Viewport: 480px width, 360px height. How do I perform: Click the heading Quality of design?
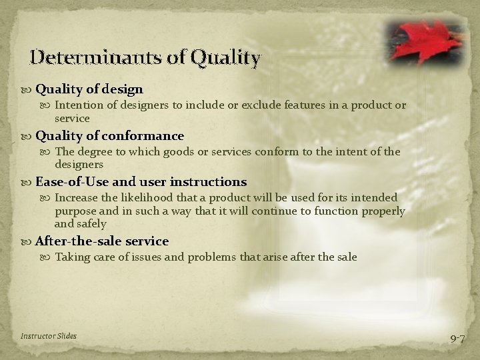tap(89, 89)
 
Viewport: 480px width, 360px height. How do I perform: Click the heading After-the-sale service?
tap(101, 241)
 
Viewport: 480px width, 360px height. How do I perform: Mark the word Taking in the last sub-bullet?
tap(71, 257)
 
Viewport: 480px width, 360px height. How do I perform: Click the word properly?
tap(381, 211)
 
